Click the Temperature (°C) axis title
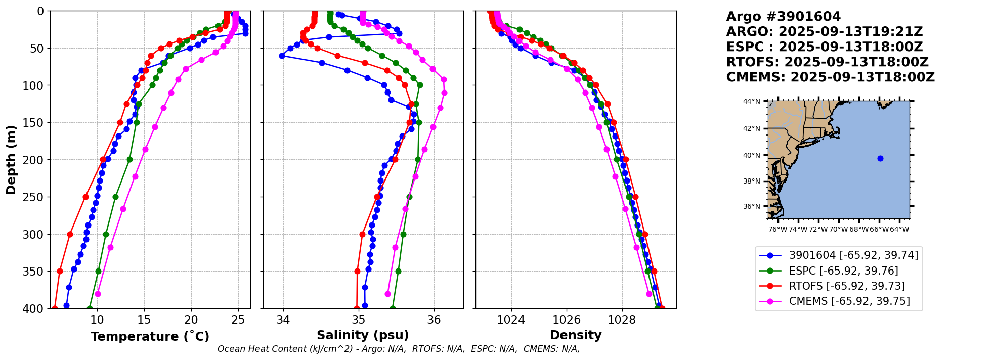[150, 336]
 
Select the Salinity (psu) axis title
[363, 335]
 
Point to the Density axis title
[576, 335]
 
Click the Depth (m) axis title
[11, 160]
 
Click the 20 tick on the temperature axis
[191, 320]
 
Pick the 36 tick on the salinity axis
[434, 320]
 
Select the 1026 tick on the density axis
[567, 320]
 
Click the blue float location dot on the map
[880, 158]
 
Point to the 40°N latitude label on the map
[751, 155]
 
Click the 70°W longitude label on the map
[838, 229]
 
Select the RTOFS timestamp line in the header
[828, 62]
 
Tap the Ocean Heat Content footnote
[399, 349]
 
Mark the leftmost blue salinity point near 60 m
[282, 56]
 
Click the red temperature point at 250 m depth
[85, 197]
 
